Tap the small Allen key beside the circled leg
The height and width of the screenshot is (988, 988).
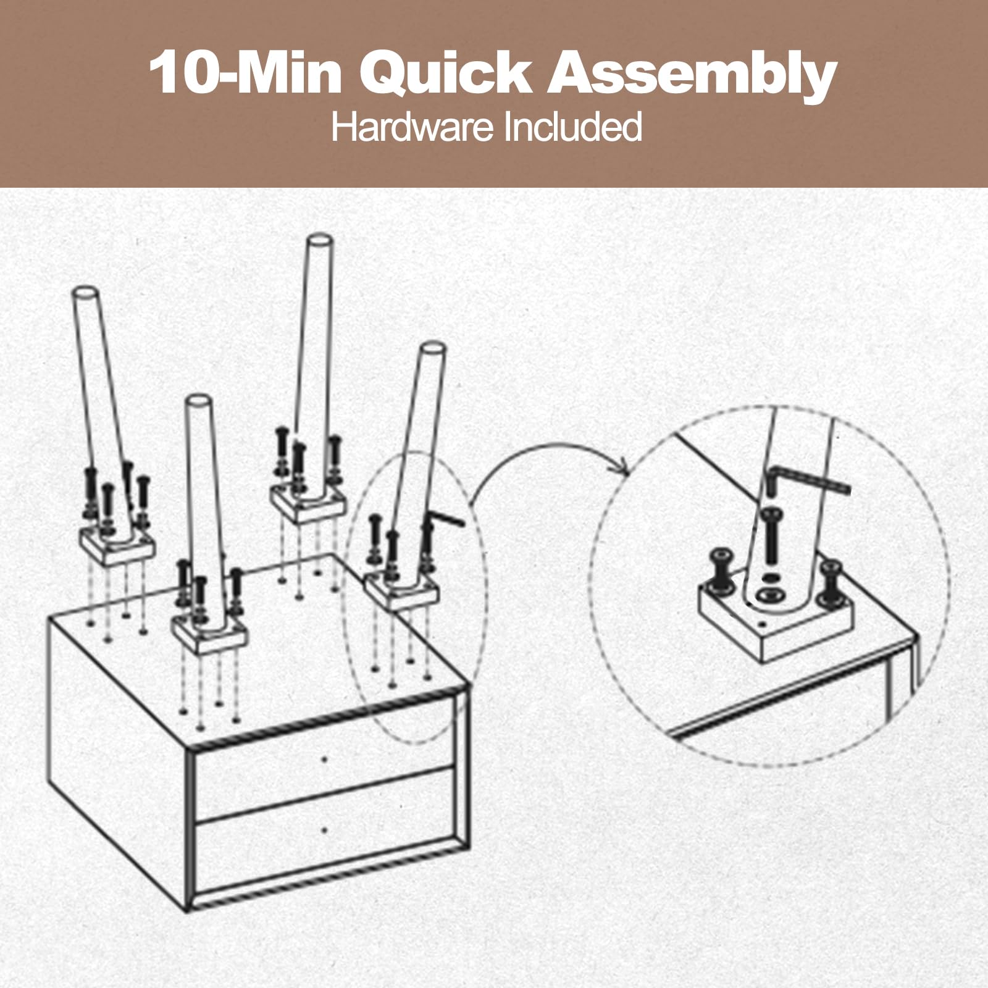[446, 517]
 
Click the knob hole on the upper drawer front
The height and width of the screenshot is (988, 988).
[325, 760]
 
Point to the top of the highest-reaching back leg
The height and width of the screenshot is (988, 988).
[320, 240]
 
